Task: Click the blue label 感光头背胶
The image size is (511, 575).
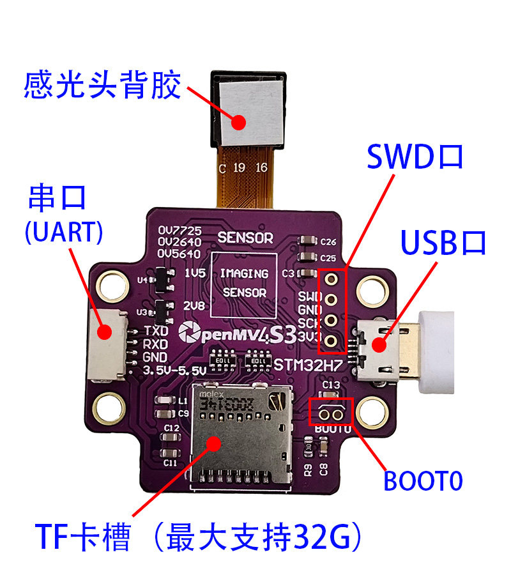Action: pos(102,85)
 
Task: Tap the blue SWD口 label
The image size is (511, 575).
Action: pos(414,157)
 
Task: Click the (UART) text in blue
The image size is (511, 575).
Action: pos(63,232)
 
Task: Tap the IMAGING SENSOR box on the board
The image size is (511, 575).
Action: pos(244,282)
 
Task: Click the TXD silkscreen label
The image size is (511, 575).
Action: pos(156,331)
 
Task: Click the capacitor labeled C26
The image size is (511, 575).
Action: pos(307,241)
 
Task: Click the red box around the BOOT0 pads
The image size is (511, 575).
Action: pos(330,412)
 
